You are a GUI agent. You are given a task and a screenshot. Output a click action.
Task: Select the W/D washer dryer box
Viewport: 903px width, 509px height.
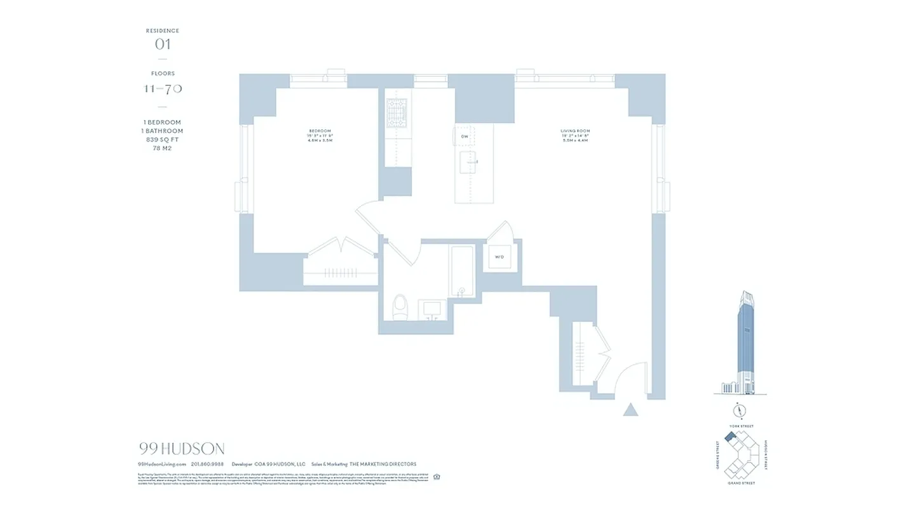499,258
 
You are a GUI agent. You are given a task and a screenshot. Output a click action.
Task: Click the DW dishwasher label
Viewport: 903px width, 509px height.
465,136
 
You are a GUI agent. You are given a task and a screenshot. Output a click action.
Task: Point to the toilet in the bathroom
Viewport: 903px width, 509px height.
400,307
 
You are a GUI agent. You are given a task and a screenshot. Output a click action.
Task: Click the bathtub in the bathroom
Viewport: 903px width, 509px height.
462,272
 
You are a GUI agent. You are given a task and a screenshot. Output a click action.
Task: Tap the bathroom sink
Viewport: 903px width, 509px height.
433,309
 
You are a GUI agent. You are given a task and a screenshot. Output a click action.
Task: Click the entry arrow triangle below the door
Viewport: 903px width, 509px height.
630,409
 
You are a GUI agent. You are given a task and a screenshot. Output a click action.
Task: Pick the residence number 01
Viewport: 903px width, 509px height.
163,45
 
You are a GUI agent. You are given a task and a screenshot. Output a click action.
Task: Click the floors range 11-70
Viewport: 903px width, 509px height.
163,88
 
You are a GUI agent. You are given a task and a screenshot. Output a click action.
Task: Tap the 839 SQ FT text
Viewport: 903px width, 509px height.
162,139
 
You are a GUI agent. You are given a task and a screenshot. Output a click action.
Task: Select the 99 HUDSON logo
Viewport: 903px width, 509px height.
181,449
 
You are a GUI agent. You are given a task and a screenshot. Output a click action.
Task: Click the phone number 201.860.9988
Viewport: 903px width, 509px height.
207,464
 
